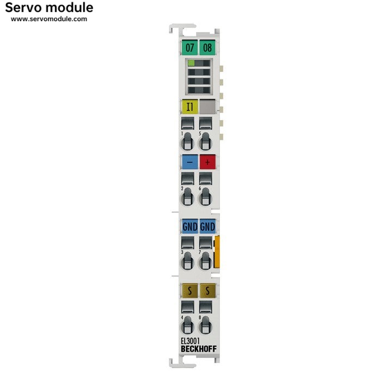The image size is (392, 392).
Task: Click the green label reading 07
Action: pos(189,47)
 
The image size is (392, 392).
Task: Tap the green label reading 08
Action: pos(207,47)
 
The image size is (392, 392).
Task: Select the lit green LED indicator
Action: pos(191,64)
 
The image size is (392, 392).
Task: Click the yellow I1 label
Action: pos(189,107)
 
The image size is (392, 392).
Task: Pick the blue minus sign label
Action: pos(189,162)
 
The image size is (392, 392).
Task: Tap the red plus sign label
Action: pos(207,162)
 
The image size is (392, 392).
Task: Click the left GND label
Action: pos(189,226)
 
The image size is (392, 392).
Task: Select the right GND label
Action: pos(207,226)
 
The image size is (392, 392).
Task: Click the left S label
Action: pos(189,290)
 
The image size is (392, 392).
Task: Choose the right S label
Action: pos(207,290)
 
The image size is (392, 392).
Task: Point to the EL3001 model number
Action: pos(190,341)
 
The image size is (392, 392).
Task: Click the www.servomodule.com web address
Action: pos(49,19)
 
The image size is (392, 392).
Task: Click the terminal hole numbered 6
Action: pos(205,197)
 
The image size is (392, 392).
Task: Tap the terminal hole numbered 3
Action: pos(187,261)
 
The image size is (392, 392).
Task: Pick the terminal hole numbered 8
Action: pos(205,325)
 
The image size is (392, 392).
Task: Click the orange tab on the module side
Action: pos(217,252)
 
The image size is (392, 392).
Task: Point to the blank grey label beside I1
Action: pos(207,107)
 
